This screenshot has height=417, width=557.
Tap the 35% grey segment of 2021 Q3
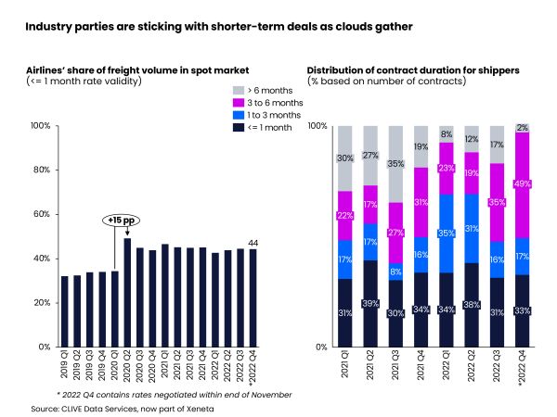pyautogui.click(x=395, y=164)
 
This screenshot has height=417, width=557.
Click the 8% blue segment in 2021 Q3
pyautogui.click(x=395, y=272)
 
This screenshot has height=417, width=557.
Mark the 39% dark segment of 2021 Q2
pyautogui.click(x=370, y=304)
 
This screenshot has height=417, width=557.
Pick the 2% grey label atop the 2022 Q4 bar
pyautogui.click(x=522, y=128)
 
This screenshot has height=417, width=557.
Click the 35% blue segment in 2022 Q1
pyautogui.click(x=447, y=234)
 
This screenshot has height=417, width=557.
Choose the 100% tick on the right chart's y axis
pyautogui.click(x=317, y=125)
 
